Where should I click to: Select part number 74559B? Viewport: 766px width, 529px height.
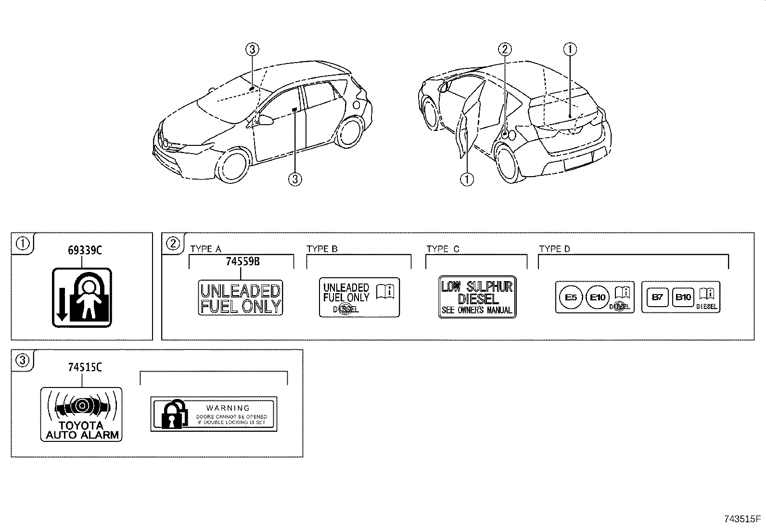tap(243, 261)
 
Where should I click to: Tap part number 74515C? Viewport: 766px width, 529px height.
tap(85, 367)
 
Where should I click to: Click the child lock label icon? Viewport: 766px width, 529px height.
tap(82, 297)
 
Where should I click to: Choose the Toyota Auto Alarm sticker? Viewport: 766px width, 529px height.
tap(81, 414)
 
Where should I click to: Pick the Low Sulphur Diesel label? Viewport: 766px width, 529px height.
tap(477, 297)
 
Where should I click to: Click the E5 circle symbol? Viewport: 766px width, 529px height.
tap(571, 297)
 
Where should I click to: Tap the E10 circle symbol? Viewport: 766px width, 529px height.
tap(598, 297)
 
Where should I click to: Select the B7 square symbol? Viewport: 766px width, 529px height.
tap(657, 297)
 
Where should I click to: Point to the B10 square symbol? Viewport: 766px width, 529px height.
tap(683, 297)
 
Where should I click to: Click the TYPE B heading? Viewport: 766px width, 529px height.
tap(322, 249)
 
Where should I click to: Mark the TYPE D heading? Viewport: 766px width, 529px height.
tap(554, 249)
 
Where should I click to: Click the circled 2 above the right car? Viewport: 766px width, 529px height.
tap(504, 49)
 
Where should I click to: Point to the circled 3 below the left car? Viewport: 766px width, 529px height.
tap(295, 180)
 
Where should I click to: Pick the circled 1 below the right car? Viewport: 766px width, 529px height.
tap(467, 180)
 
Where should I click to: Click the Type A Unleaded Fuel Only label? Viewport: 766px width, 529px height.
tap(240, 298)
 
